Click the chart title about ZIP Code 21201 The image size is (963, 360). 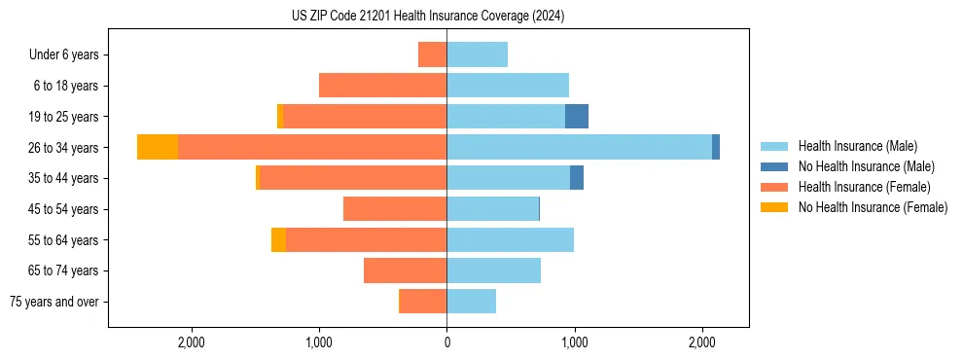427,17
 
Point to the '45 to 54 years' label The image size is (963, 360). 63,209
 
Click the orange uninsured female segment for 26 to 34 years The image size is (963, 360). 158,147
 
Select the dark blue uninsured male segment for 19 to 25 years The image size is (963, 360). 577,116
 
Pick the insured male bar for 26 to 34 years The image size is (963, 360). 579,147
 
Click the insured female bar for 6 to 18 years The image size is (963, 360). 382,86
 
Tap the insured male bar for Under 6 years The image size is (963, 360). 477,54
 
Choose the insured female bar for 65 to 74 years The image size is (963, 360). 405,270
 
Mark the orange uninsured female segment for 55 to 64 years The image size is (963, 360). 278,239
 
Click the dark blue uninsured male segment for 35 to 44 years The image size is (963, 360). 577,178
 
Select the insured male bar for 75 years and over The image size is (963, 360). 471,302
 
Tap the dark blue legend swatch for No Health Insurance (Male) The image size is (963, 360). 774,166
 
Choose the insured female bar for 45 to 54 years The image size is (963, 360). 395,209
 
